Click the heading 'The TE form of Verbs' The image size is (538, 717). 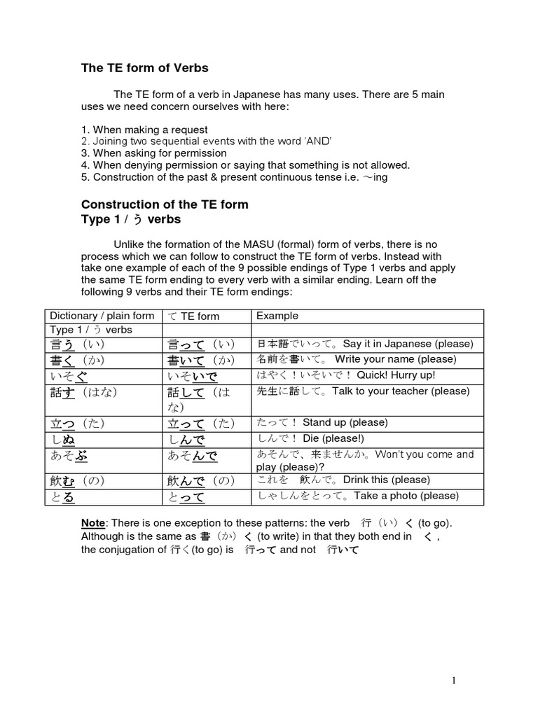pos(145,68)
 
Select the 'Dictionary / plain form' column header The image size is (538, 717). pos(102,316)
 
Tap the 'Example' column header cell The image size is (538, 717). pos(277,316)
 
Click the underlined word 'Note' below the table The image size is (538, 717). pos(92,524)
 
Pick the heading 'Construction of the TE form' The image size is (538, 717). pos(165,204)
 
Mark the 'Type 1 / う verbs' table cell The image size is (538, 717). pos(91,330)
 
